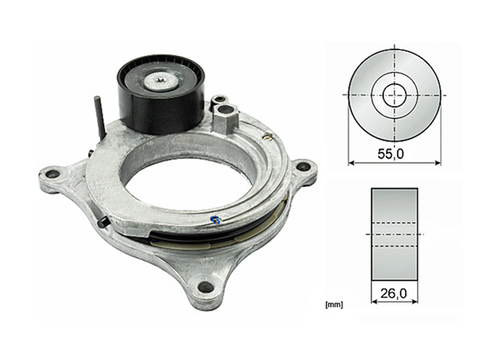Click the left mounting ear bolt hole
pyautogui.click(x=52, y=172)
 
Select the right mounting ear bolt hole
pyautogui.click(x=302, y=167)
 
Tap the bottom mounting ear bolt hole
pyautogui.click(x=205, y=286)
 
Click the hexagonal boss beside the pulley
pyautogui.click(x=224, y=113)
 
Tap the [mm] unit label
pyautogui.click(x=335, y=305)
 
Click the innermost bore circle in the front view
pyautogui.click(x=394, y=94)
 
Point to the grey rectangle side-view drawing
pyautogui.click(x=394, y=233)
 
